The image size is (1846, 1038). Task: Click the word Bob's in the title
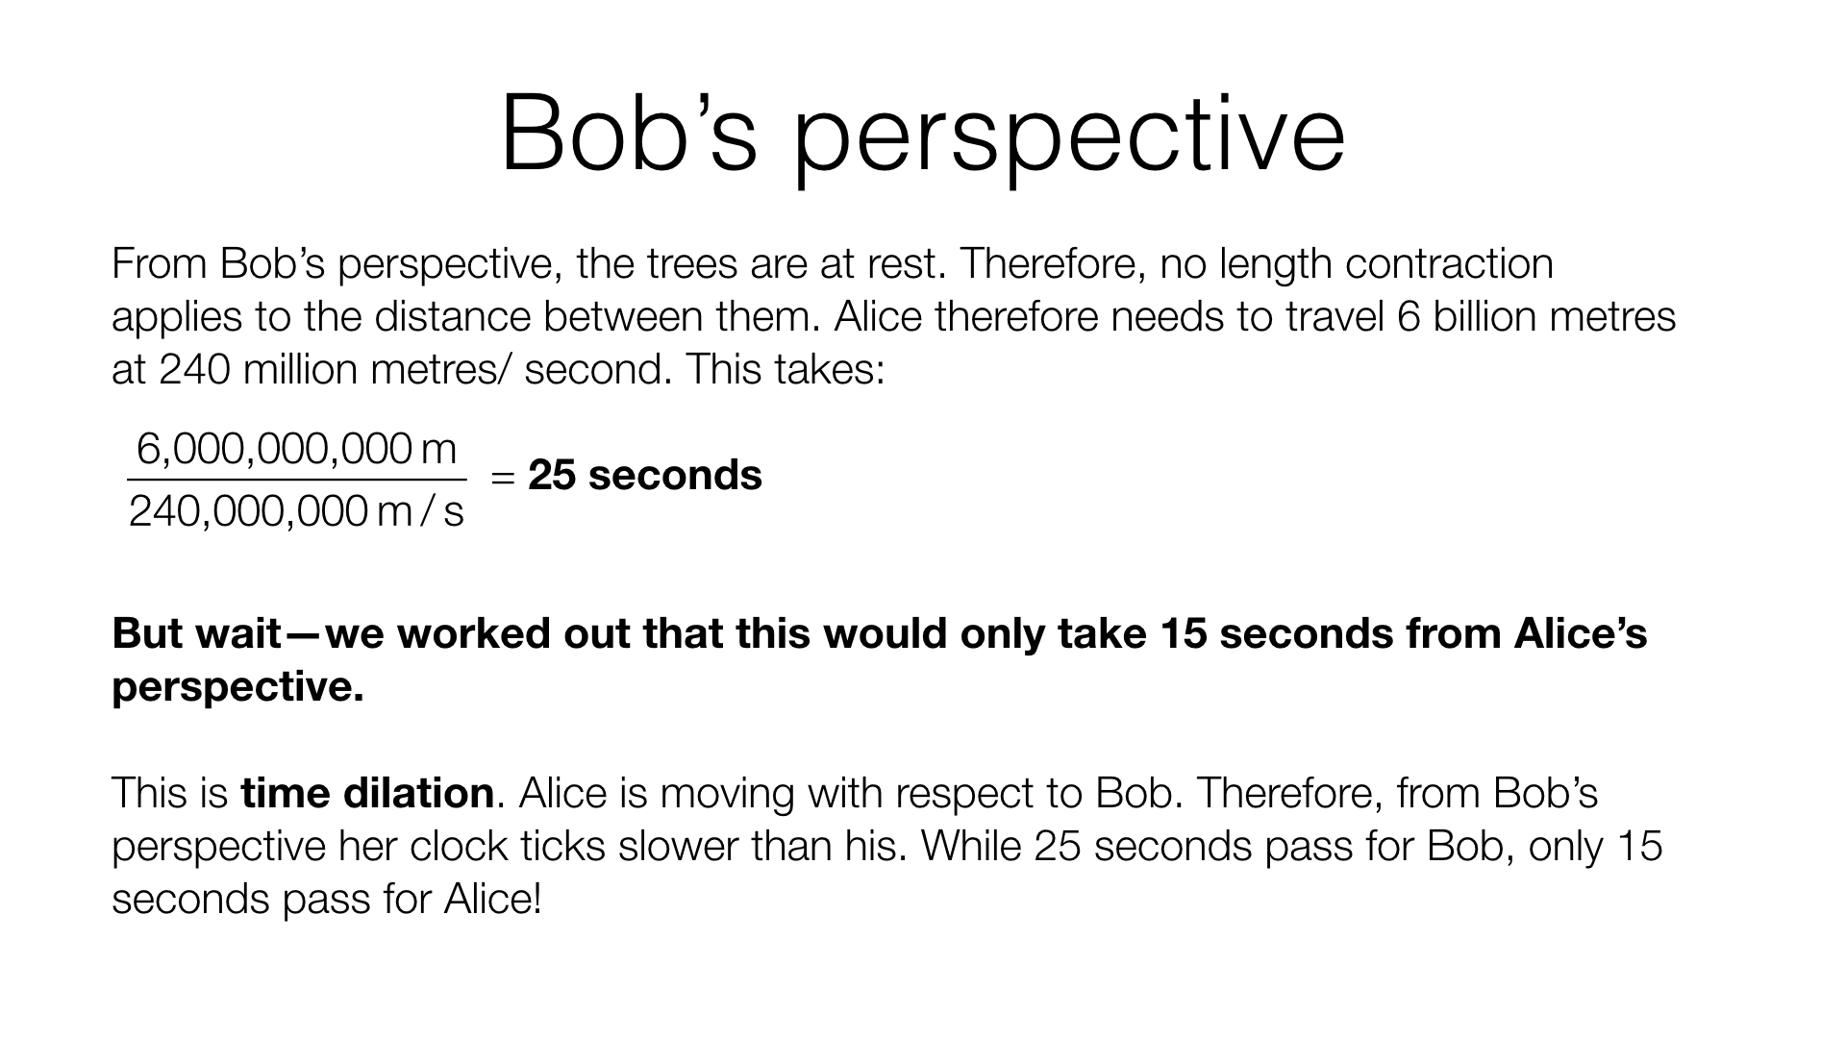click(630, 134)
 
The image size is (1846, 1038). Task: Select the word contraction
click(1449, 263)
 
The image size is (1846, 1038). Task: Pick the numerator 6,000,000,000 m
click(297, 449)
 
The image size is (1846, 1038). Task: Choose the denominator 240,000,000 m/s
click(297, 511)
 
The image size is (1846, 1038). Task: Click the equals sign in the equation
click(504, 477)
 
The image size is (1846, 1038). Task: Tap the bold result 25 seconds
click(645, 475)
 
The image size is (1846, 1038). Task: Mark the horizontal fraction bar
click(297, 480)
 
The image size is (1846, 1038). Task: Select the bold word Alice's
click(1581, 633)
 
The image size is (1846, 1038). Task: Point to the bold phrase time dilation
click(367, 793)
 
